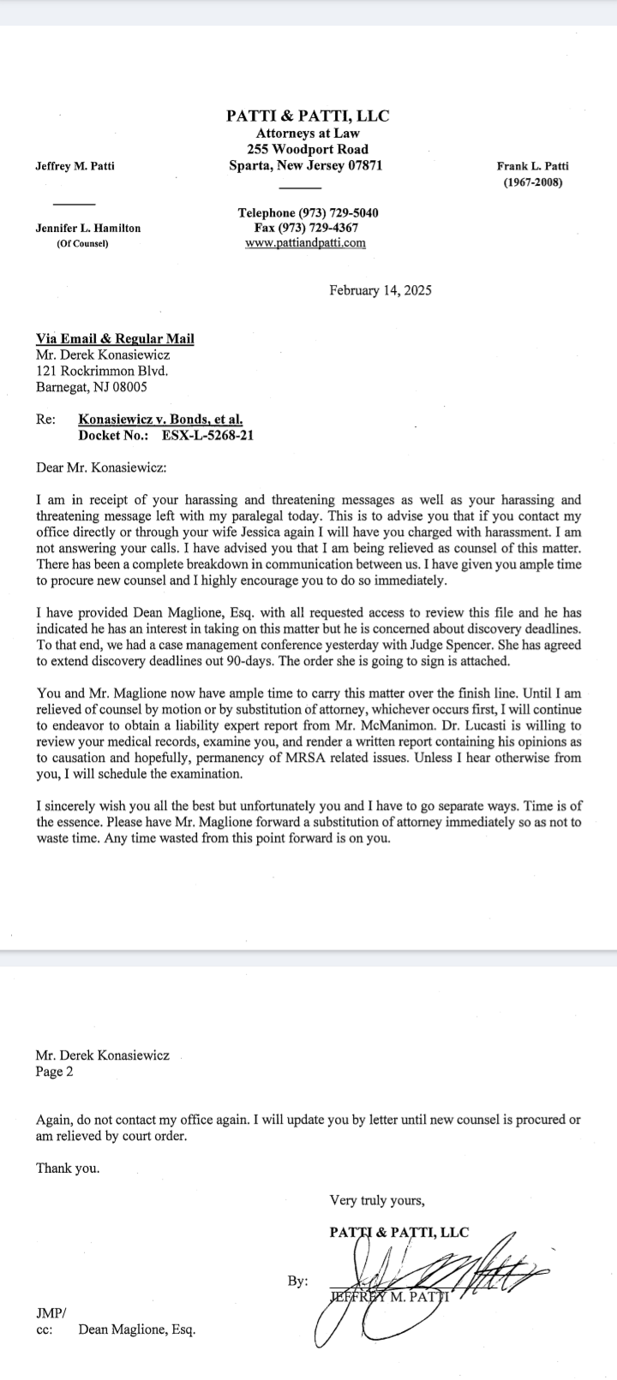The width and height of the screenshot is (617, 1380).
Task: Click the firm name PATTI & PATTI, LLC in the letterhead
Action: [x=308, y=116]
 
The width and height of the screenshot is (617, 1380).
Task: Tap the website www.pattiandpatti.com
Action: [x=305, y=243]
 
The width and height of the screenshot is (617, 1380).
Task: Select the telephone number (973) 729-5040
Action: [x=338, y=212]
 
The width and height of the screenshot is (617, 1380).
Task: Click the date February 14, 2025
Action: [x=380, y=290]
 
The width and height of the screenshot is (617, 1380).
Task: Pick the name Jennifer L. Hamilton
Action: [x=88, y=229]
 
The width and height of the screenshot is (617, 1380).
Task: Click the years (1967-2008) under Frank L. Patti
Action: [x=532, y=182]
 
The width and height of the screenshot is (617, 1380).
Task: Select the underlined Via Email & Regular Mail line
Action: [x=115, y=338]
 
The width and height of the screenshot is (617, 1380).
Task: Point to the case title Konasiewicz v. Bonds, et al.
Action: [x=160, y=419]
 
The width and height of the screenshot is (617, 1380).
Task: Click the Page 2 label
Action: [x=55, y=1071]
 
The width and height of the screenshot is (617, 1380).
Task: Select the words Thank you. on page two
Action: [x=68, y=1168]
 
